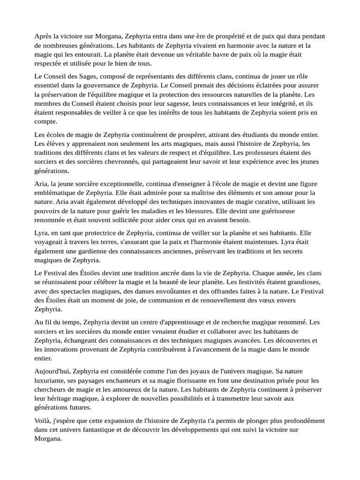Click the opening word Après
43,37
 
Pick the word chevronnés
131,162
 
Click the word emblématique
58,193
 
